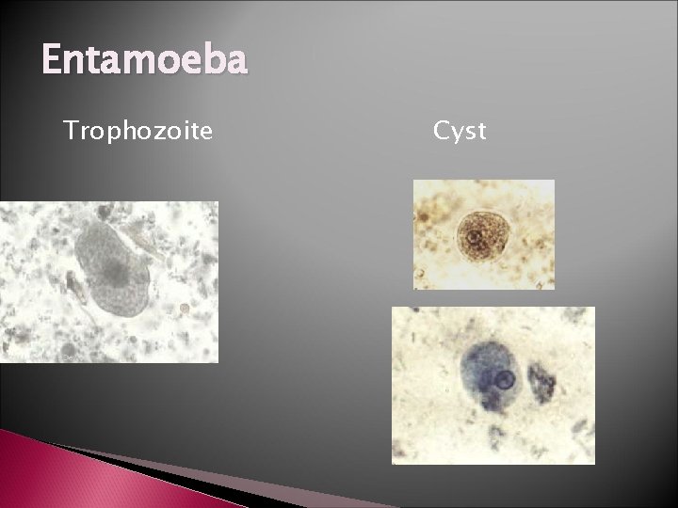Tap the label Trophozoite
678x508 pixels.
tap(137, 130)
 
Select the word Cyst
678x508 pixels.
tap(460, 130)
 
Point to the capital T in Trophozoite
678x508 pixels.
tap(70, 130)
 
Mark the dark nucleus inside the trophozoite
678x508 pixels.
tap(116, 274)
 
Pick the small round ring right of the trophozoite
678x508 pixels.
tap(185, 308)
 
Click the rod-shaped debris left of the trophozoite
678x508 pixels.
tap(72, 283)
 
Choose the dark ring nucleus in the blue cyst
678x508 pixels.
tap(505, 381)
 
